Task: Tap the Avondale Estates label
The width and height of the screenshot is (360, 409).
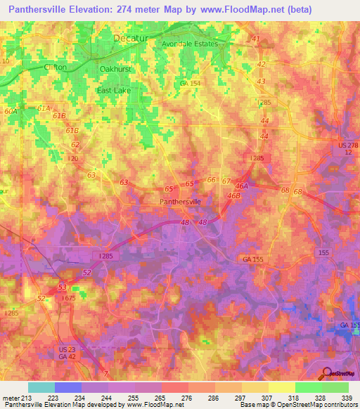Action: [191, 44]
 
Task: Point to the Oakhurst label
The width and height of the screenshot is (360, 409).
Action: [115, 69]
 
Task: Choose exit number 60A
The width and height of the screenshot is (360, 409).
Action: [11, 111]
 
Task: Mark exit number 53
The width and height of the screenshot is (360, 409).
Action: [62, 287]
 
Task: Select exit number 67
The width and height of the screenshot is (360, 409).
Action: [226, 181]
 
